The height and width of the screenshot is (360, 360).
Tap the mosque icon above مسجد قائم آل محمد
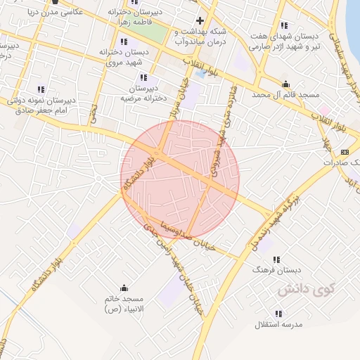[284, 82]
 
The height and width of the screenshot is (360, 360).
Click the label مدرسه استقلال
[278, 325]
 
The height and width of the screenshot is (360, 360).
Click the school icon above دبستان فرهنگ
[276, 259]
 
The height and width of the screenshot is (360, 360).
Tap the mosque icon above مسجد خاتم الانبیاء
[124, 288]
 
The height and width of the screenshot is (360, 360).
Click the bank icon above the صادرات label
[345, 152]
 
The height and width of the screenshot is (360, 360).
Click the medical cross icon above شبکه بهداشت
[200, 20]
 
